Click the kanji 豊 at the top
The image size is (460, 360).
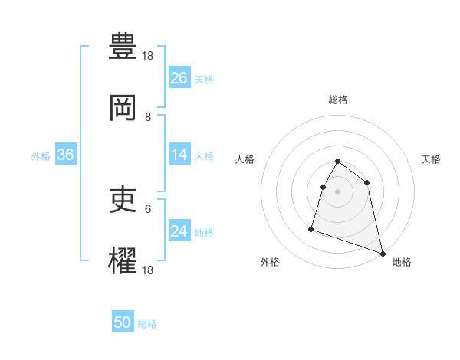click(123, 47)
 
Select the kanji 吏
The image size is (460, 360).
click(123, 200)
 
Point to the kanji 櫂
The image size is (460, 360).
click(123, 261)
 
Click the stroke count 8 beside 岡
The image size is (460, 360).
click(148, 117)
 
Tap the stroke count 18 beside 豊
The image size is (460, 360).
click(149, 56)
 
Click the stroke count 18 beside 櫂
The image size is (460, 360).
click(149, 270)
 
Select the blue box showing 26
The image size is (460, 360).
click(179, 78)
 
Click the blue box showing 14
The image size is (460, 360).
click(179, 155)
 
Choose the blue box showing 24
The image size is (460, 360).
click(179, 231)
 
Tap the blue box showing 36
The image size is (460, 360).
click(66, 155)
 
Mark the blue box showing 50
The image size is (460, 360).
click(123, 323)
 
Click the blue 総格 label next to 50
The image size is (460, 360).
click(147, 324)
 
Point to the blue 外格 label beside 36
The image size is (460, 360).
click(41, 155)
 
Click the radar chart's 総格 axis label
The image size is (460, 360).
click(338, 100)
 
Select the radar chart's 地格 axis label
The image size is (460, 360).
click(402, 262)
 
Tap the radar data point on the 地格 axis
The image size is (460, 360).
click(381, 252)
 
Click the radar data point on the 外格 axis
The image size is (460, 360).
click(311, 228)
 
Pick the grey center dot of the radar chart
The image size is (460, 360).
click(338, 191)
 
